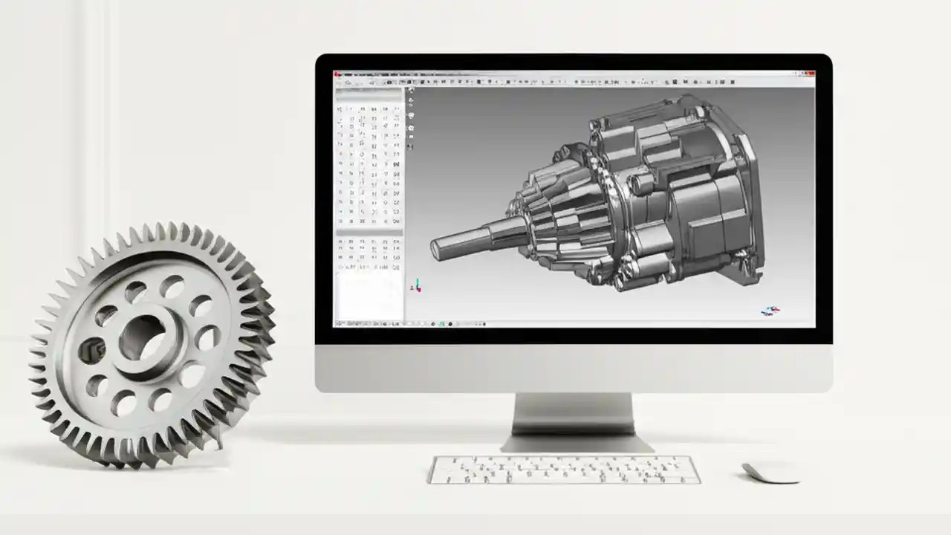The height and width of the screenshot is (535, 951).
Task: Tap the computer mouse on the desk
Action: pyautogui.click(x=771, y=471)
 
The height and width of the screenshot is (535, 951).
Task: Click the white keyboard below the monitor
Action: pyautogui.click(x=564, y=469)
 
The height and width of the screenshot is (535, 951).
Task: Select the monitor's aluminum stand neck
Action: pyautogui.click(x=573, y=413)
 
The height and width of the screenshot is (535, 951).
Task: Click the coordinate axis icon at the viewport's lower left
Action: pyautogui.click(x=417, y=285)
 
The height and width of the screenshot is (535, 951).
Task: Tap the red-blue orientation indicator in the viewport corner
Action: pyautogui.click(x=770, y=310)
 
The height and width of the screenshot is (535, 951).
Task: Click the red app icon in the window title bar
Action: pyautogui.click(x=338, y=74)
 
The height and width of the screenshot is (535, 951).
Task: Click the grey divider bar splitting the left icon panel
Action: pyautogui.click(x=369, y=233)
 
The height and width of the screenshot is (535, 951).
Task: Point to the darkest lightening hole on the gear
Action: pyautogui.click(x=92, y=350)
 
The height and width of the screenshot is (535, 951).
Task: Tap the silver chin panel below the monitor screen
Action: pyautogui.click(x=573, y=368)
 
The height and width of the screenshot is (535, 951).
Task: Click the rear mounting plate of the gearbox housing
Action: pyautogui.click(x=732, y=186)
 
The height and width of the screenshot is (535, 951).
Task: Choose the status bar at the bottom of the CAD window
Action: pyautogui.click(x=573, y=324)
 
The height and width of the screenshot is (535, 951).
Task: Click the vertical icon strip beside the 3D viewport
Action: pyautogui.click(x=411, y=119)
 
